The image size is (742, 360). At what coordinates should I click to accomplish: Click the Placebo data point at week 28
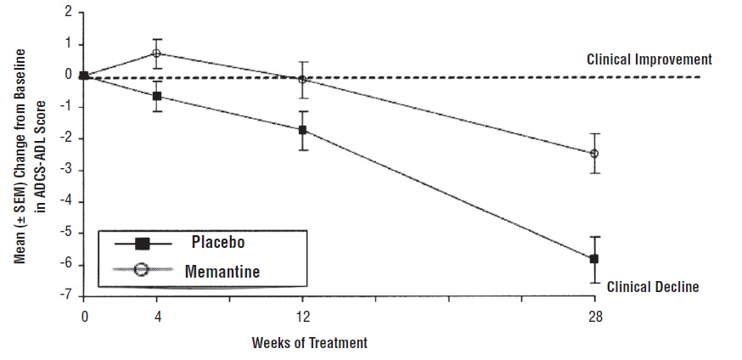click(594, 258)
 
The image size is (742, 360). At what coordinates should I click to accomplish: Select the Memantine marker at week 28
click(594, 154)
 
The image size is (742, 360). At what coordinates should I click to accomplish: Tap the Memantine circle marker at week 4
click(157, 53)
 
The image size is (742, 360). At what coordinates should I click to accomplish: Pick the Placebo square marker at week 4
click(157, 96)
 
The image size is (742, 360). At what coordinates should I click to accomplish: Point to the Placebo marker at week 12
click(302, 130)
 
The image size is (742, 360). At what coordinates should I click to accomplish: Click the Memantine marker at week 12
click(302, 79)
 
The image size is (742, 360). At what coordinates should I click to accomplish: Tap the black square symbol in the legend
click(143, 244)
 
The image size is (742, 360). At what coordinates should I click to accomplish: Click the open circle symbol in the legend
click(143, 271)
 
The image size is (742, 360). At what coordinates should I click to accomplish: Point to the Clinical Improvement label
click(649, 60)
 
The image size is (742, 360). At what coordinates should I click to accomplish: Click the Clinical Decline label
click(653, 287)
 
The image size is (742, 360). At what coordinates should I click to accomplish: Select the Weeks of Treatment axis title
click(310, 343)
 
